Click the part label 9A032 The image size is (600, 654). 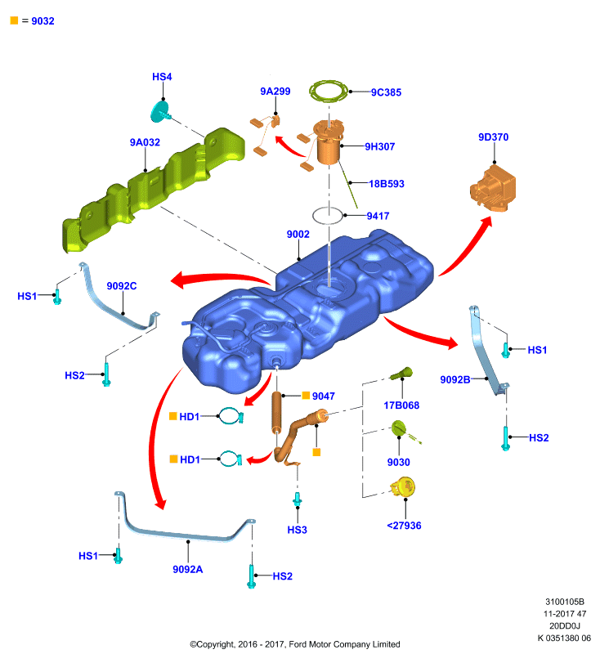click(x=145, y=142)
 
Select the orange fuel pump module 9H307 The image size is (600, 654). click(x=328, y=141)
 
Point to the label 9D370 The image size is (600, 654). click(x=493, y=137)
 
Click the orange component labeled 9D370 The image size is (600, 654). click(x=493, y=189)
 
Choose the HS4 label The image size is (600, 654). click(x=162, y=77)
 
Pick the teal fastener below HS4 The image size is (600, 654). click(x=160, y=111)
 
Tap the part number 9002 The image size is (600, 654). click(x=298, y=235)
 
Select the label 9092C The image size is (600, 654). click(x=121, y=286)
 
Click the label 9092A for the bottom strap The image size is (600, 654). click(x=188, y=569)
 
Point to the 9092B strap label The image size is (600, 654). click(x=454, y=379)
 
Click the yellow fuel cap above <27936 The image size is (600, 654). click(x=403, y=487)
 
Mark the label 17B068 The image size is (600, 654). click(x=401, y=405)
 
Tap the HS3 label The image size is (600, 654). click(x=297, y=530)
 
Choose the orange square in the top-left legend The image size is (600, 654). click(x=14, y=20)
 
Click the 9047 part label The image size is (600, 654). click(x=323, y=396)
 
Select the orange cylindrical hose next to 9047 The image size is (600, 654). click(x=277, y=413)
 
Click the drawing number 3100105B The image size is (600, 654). click(x=565, y=602)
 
